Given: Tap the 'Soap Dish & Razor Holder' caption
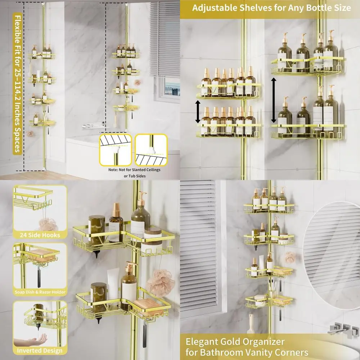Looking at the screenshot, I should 40,292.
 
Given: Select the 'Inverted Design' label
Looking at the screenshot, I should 40,350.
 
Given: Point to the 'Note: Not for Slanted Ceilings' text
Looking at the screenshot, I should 135,169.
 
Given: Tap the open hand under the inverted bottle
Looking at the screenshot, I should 40,338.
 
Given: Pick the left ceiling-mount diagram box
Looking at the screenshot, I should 116,149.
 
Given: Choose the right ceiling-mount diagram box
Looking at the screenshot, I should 151,149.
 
